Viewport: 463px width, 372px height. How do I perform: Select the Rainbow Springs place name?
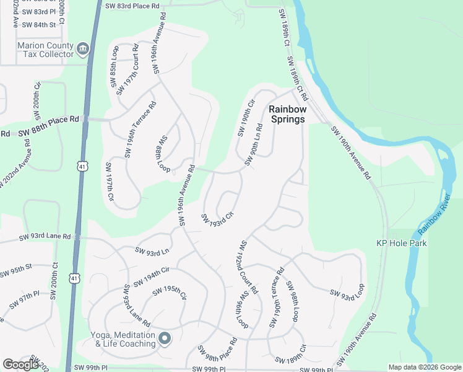click(287, 114)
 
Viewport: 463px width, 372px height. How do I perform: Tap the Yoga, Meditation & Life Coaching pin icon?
click(164, 339)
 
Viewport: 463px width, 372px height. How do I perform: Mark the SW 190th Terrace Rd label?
click(276, 298)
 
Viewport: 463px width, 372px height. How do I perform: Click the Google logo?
click(20, 365)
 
